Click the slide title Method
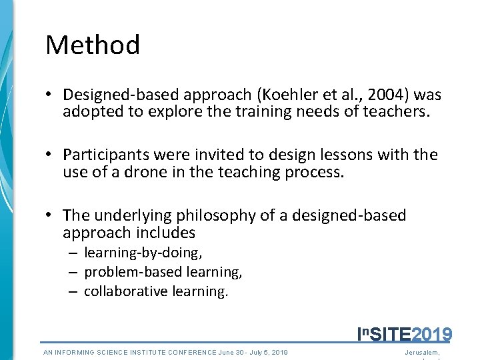point(93,45)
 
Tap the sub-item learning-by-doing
point(143,253)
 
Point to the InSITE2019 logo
point(405,334)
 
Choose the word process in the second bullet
point(320,171)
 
